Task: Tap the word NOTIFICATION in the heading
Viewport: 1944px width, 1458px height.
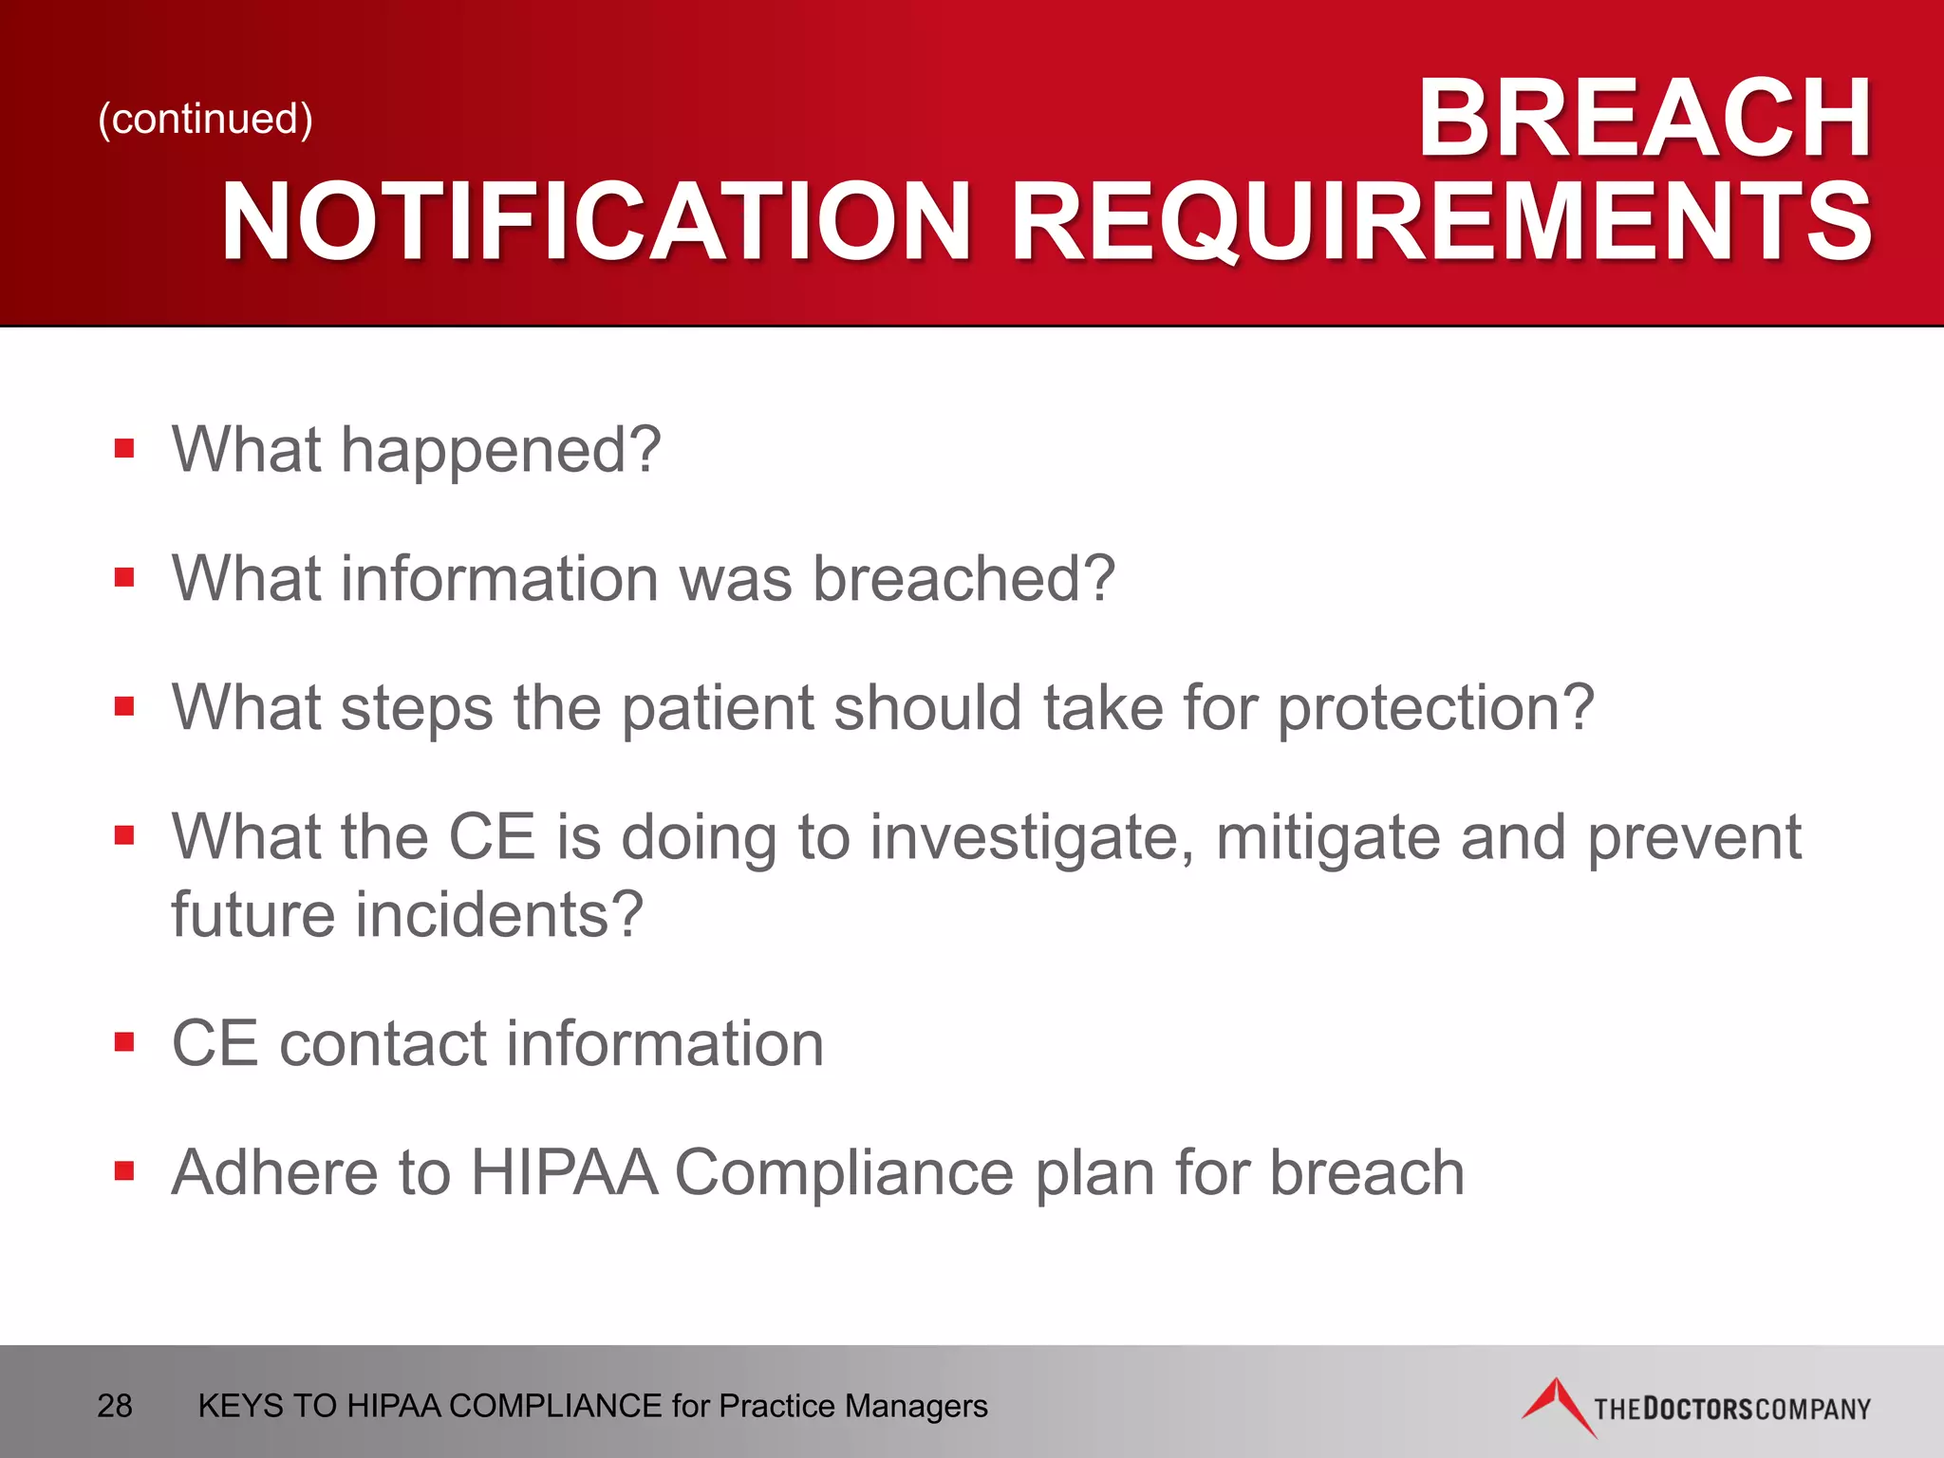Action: (596, 222)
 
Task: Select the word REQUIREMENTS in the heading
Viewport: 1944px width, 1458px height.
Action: (1440, 222)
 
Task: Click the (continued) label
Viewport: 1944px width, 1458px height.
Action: (205, 119)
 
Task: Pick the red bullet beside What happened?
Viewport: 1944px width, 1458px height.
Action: (124, 448)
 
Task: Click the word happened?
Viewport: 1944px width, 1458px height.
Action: (500, 450)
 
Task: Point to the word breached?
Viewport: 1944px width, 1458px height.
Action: (963, 578)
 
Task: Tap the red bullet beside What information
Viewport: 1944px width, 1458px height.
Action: (124, 577)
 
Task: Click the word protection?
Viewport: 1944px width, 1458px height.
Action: (1435, 708)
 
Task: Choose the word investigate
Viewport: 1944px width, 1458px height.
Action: (1032, 838)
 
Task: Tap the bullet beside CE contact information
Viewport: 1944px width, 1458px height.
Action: (124, 1042)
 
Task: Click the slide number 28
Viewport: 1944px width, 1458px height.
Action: (115, 1406)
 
